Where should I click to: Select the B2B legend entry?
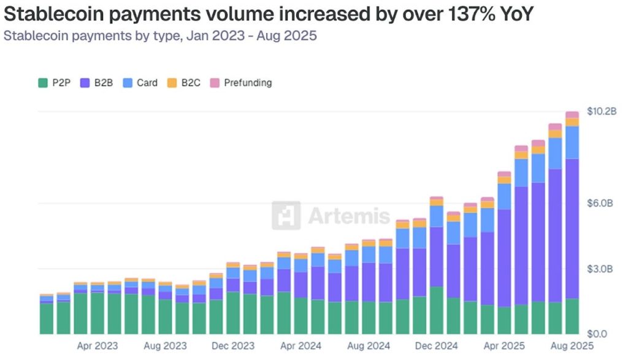tap(98, 82)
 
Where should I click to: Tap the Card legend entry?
tap(140, 82)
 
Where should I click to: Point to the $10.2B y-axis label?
tap(602, 111)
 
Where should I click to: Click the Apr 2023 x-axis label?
tap(98, 347)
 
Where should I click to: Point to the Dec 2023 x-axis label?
tap(232, 347)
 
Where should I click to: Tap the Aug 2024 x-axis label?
tap(368, 347)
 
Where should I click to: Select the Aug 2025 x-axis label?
tap(572, 347)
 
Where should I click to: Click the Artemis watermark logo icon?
tap(286, 215)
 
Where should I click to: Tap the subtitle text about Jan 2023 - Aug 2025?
tap(160, 35)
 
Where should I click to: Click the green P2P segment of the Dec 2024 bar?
tap(437, 310)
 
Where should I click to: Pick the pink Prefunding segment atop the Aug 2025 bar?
tap(572, 115)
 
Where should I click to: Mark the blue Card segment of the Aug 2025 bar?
tap(572, 142)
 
